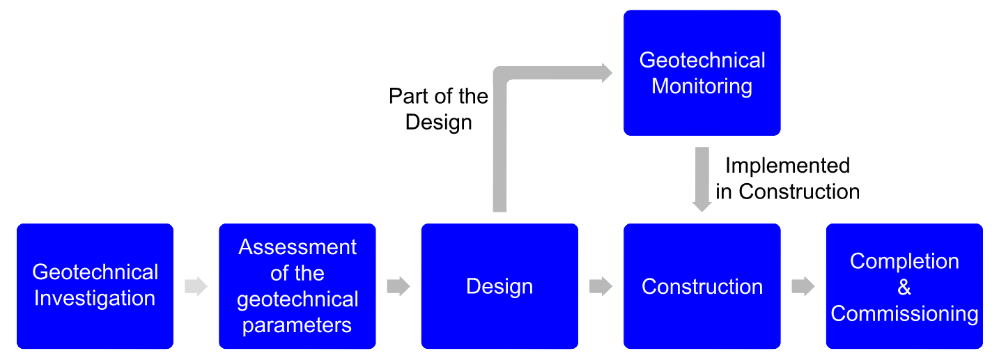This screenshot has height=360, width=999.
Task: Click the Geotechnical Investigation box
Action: point(95,285)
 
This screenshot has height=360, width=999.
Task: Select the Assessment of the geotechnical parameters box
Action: point(297,285)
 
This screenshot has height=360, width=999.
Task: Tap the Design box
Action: point(499,285)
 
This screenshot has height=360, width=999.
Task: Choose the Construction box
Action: point(702,285)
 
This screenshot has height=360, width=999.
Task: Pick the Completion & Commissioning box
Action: point(904,285)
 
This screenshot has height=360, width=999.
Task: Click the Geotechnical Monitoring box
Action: point(702,72)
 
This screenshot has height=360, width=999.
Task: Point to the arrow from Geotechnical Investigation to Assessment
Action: point(196,286)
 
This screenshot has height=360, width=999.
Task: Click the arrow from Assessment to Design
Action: point(398,286)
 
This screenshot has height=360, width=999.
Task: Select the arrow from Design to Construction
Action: point(601,286)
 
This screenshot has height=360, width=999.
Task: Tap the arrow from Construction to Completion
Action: point(803,286)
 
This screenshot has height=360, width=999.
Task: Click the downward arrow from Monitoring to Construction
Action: point(702,178)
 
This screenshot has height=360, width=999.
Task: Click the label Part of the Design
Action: point(439,109)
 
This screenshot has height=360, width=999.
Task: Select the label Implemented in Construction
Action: point(787,178)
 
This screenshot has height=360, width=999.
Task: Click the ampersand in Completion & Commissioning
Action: point(904,288)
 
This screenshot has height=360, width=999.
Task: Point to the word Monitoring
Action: point(702,86)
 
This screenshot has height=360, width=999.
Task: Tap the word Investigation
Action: point(95,299)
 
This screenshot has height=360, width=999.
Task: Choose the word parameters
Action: point(297,325)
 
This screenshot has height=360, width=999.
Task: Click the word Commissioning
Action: point(904,313)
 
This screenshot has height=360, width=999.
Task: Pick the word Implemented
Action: point(787,166)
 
